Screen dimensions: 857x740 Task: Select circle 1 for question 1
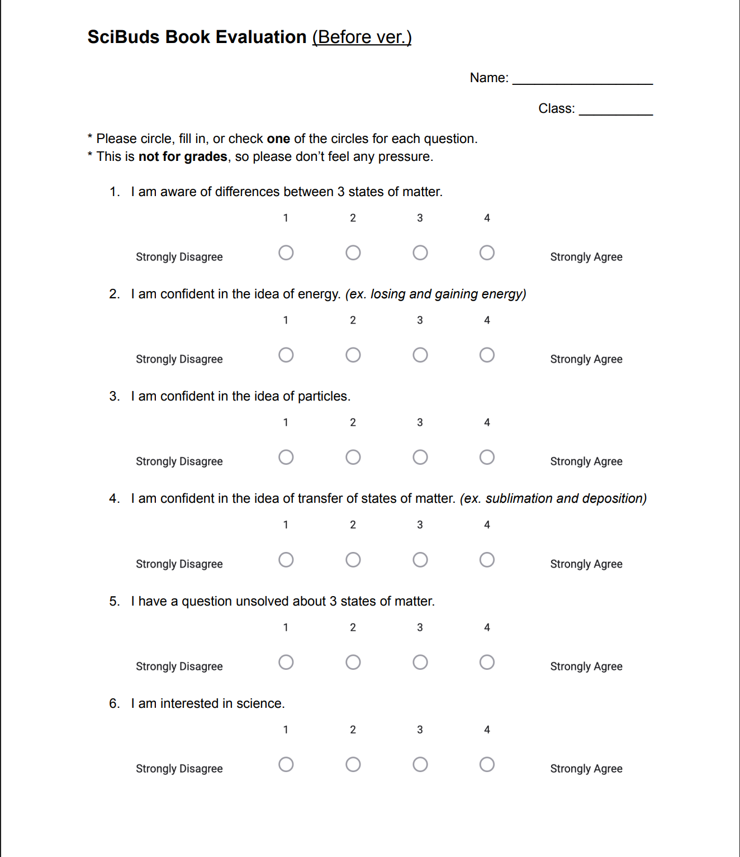coord(286,253)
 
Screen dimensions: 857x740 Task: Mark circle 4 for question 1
coord(487,253)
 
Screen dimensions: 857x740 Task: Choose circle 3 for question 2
coord(420,355)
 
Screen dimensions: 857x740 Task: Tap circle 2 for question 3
coord(353,457)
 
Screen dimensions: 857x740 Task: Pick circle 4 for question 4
coord(487,559)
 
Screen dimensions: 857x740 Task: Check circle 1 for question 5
coord(286,662)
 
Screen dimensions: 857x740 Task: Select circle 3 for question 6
coord(420,764)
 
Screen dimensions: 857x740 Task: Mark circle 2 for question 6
coord(353,764)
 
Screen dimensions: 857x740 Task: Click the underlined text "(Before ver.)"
coord(362,37)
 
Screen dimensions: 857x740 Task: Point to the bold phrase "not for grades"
coord(183,156)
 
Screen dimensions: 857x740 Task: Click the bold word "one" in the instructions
coord(278,139)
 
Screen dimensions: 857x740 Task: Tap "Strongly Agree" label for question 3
coord(586,461)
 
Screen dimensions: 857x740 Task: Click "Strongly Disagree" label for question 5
coord(179,666)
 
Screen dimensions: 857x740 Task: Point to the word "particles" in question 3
coord(322,396)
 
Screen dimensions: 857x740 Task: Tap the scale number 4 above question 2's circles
coord(487,320)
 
